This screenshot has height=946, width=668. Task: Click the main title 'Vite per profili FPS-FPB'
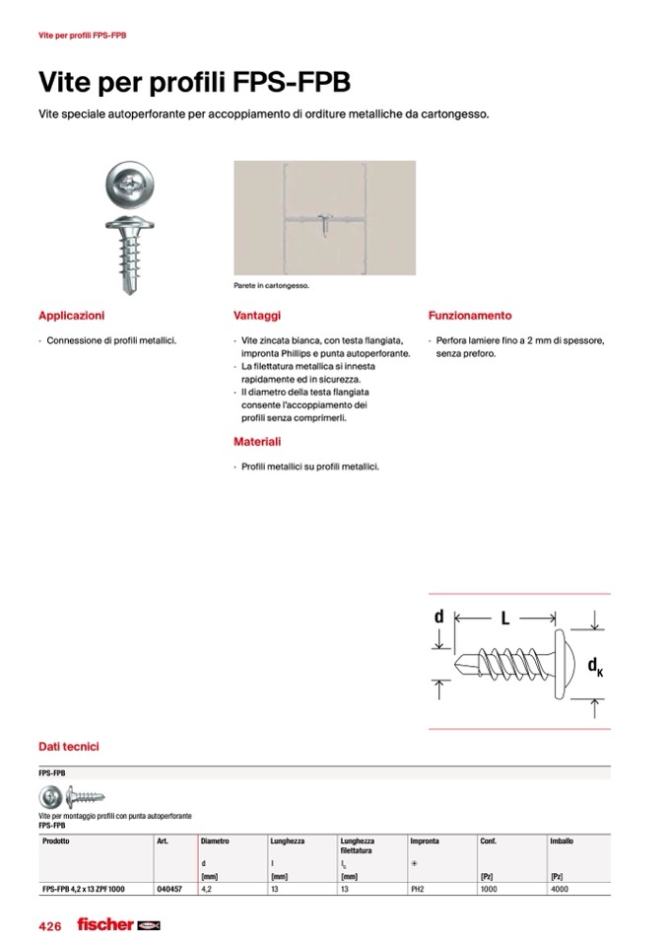(193, 81)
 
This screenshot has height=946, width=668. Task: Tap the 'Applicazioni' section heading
(71, 316)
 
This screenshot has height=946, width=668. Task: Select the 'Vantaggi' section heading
(257, 316)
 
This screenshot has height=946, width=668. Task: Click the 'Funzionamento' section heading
(470, 316)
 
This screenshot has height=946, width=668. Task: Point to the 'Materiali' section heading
(257, 442)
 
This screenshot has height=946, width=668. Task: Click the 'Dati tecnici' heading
(68, 747)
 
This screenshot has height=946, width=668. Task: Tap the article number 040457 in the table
(168, 889)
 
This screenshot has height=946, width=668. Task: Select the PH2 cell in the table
(419, 889)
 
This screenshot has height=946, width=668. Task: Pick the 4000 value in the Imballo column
(559, 889)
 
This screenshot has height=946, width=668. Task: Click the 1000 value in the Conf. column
(489, 889)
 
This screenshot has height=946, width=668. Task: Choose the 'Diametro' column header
(215, 841)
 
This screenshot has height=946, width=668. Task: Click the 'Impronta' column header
(425, 841)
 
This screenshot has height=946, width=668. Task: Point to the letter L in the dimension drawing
(504, 619)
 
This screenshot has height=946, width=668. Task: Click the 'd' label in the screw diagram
(439, 617)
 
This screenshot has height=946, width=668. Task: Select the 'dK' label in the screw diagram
(595, 666)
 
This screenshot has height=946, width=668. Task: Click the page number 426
(50, 925)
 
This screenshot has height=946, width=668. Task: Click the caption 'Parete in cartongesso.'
(271, 285)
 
